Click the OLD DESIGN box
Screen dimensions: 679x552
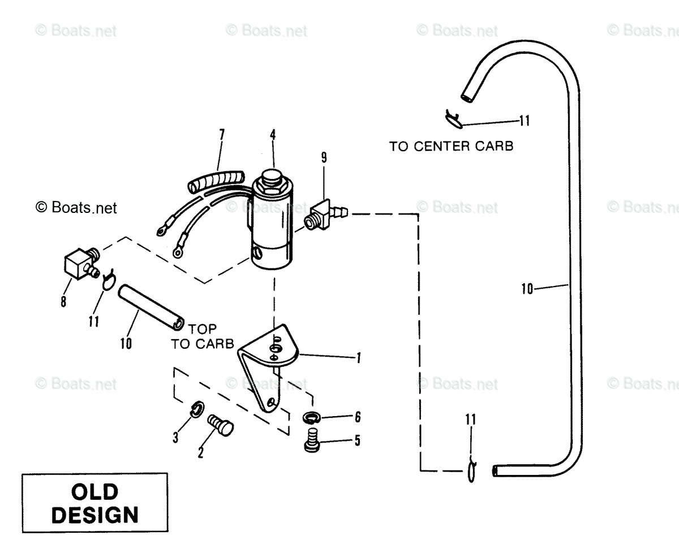95,503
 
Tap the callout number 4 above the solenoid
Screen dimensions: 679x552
273,135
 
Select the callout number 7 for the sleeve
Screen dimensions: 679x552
222,134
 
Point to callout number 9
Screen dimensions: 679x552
324,157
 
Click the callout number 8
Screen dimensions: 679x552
63,301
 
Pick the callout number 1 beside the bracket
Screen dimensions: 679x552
359,358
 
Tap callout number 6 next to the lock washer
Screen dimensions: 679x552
358,417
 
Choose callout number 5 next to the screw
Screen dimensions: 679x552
358,440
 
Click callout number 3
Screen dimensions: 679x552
175,438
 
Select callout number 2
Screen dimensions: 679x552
200,453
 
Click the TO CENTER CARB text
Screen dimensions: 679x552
451,147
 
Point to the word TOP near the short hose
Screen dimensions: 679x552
203,329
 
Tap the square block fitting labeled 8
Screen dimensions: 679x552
81,263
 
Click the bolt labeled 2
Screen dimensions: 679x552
220,425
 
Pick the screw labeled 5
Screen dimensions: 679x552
312,440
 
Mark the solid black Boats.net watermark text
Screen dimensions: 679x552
76,208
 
